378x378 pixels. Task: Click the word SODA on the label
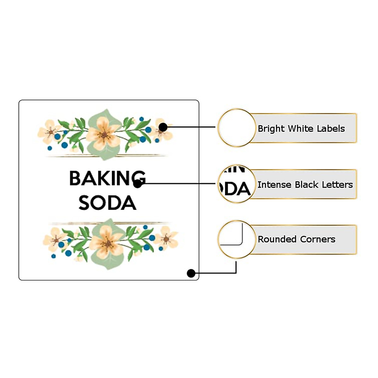tap(107, 203)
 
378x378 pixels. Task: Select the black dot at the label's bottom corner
tap(191, 273)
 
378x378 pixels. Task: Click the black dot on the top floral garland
tap(163, 127)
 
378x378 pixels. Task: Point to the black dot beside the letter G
tap(137, 184)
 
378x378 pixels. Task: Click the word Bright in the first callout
tap(271, 129)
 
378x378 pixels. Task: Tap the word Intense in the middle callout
tap(274, 185)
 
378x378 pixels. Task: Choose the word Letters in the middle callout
tap(339, 185)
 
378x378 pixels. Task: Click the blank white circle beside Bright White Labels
tap(237, 128)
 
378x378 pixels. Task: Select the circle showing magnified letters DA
tap(237, 184)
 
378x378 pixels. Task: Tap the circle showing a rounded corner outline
tap(237, 239)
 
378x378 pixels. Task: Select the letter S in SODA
tap(84, 203)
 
